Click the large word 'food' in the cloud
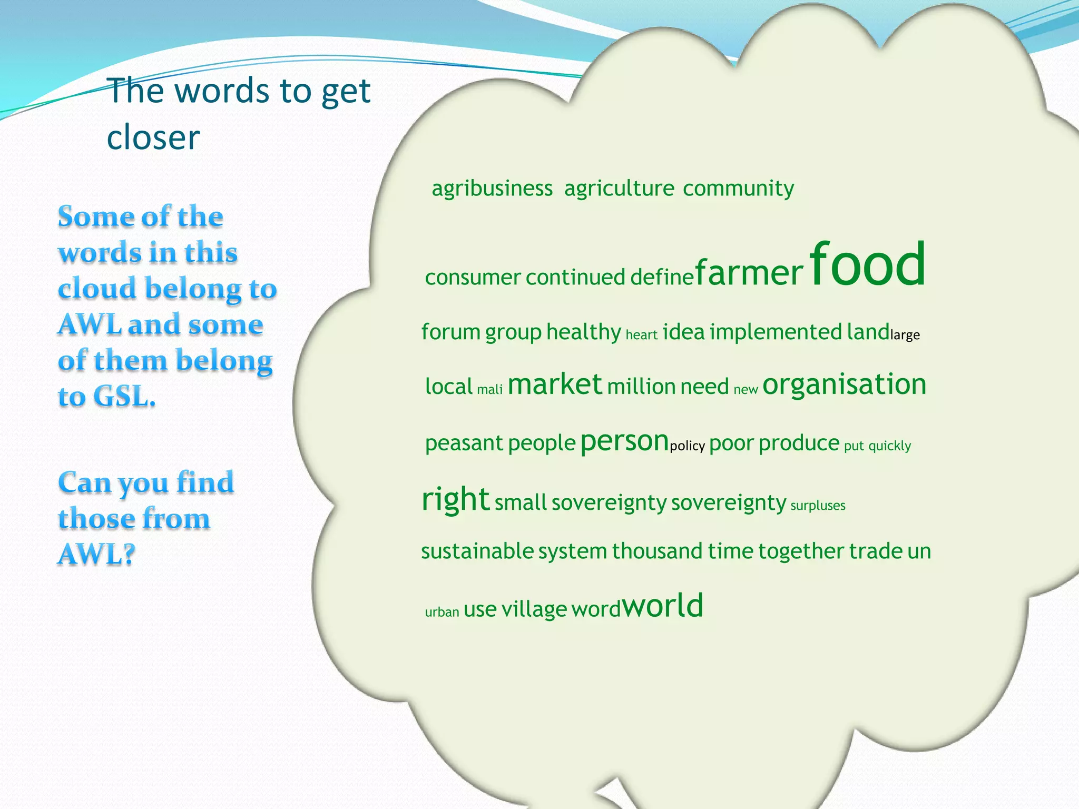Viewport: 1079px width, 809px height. tap(867, 264)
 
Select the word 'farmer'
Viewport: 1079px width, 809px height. tap(749, 273)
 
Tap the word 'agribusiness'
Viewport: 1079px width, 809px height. tap(492, 189)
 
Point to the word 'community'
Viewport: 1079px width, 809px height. tap(738, 189)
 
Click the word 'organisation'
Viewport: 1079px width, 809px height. tap(844, 384)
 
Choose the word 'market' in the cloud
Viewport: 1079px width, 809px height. tap(554, 384)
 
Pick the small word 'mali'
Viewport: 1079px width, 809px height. tap(489, 390)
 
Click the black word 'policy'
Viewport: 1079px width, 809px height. tap(687, 446)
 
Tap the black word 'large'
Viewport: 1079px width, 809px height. tap(905, 335)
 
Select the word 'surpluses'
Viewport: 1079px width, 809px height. tap(818, 506)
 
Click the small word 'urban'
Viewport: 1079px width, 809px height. tap(442, 612)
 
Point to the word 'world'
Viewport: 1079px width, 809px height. tap(663, 606)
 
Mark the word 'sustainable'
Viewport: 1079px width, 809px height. tap(477, 551)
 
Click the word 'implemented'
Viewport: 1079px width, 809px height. tap(776, 332)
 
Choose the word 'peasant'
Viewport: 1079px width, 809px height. tap(464, 443)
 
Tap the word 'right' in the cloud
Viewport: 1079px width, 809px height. tap(456, 499)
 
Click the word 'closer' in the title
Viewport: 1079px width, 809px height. tap(153, 137)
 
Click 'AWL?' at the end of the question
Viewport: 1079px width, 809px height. tap(96, 554)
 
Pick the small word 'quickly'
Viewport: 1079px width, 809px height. tap(889, 446)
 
